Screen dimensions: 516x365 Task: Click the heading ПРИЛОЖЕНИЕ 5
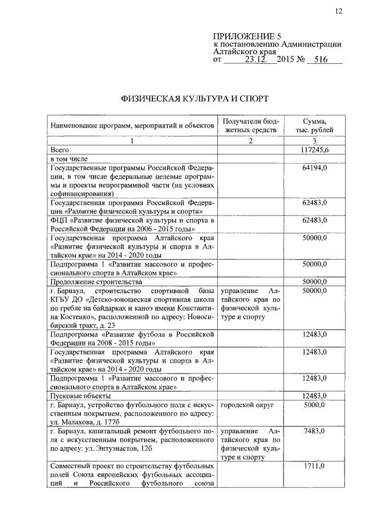[241, 35]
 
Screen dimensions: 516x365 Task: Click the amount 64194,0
[314, 168]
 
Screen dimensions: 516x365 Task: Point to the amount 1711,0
[314, 467]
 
